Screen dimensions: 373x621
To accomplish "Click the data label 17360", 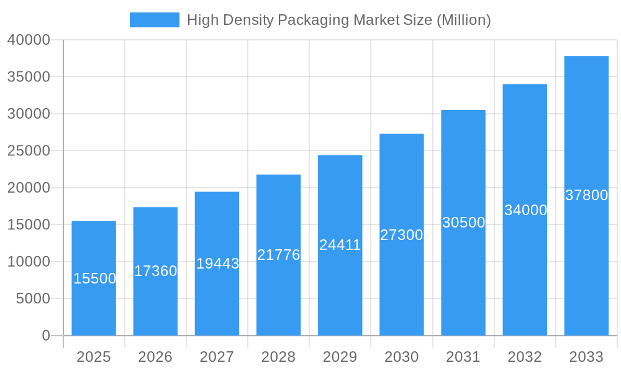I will point(155,271).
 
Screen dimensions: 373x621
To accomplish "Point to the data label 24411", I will point(340,245).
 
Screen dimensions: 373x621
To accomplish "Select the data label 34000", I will point(525,210).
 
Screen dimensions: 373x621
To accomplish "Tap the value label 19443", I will point(217,264).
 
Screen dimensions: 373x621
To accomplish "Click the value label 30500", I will point(463,223).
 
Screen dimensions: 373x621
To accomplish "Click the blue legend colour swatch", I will point(154,20).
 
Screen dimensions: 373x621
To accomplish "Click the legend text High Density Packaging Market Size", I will point(338,20).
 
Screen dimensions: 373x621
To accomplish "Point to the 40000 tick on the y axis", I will point(29,40).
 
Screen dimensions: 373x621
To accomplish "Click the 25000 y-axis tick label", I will point(29,150).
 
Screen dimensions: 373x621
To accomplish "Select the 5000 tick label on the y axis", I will point(32,298).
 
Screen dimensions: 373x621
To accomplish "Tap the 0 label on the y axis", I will point(45,336).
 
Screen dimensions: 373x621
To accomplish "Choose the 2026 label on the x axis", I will point(155,357).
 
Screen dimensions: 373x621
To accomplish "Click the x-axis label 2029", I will point(340,357).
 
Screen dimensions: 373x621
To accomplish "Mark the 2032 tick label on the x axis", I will point(525,357).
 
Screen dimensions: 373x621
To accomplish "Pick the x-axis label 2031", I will point(463,357).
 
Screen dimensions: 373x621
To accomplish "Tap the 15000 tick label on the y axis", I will point(29,224).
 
